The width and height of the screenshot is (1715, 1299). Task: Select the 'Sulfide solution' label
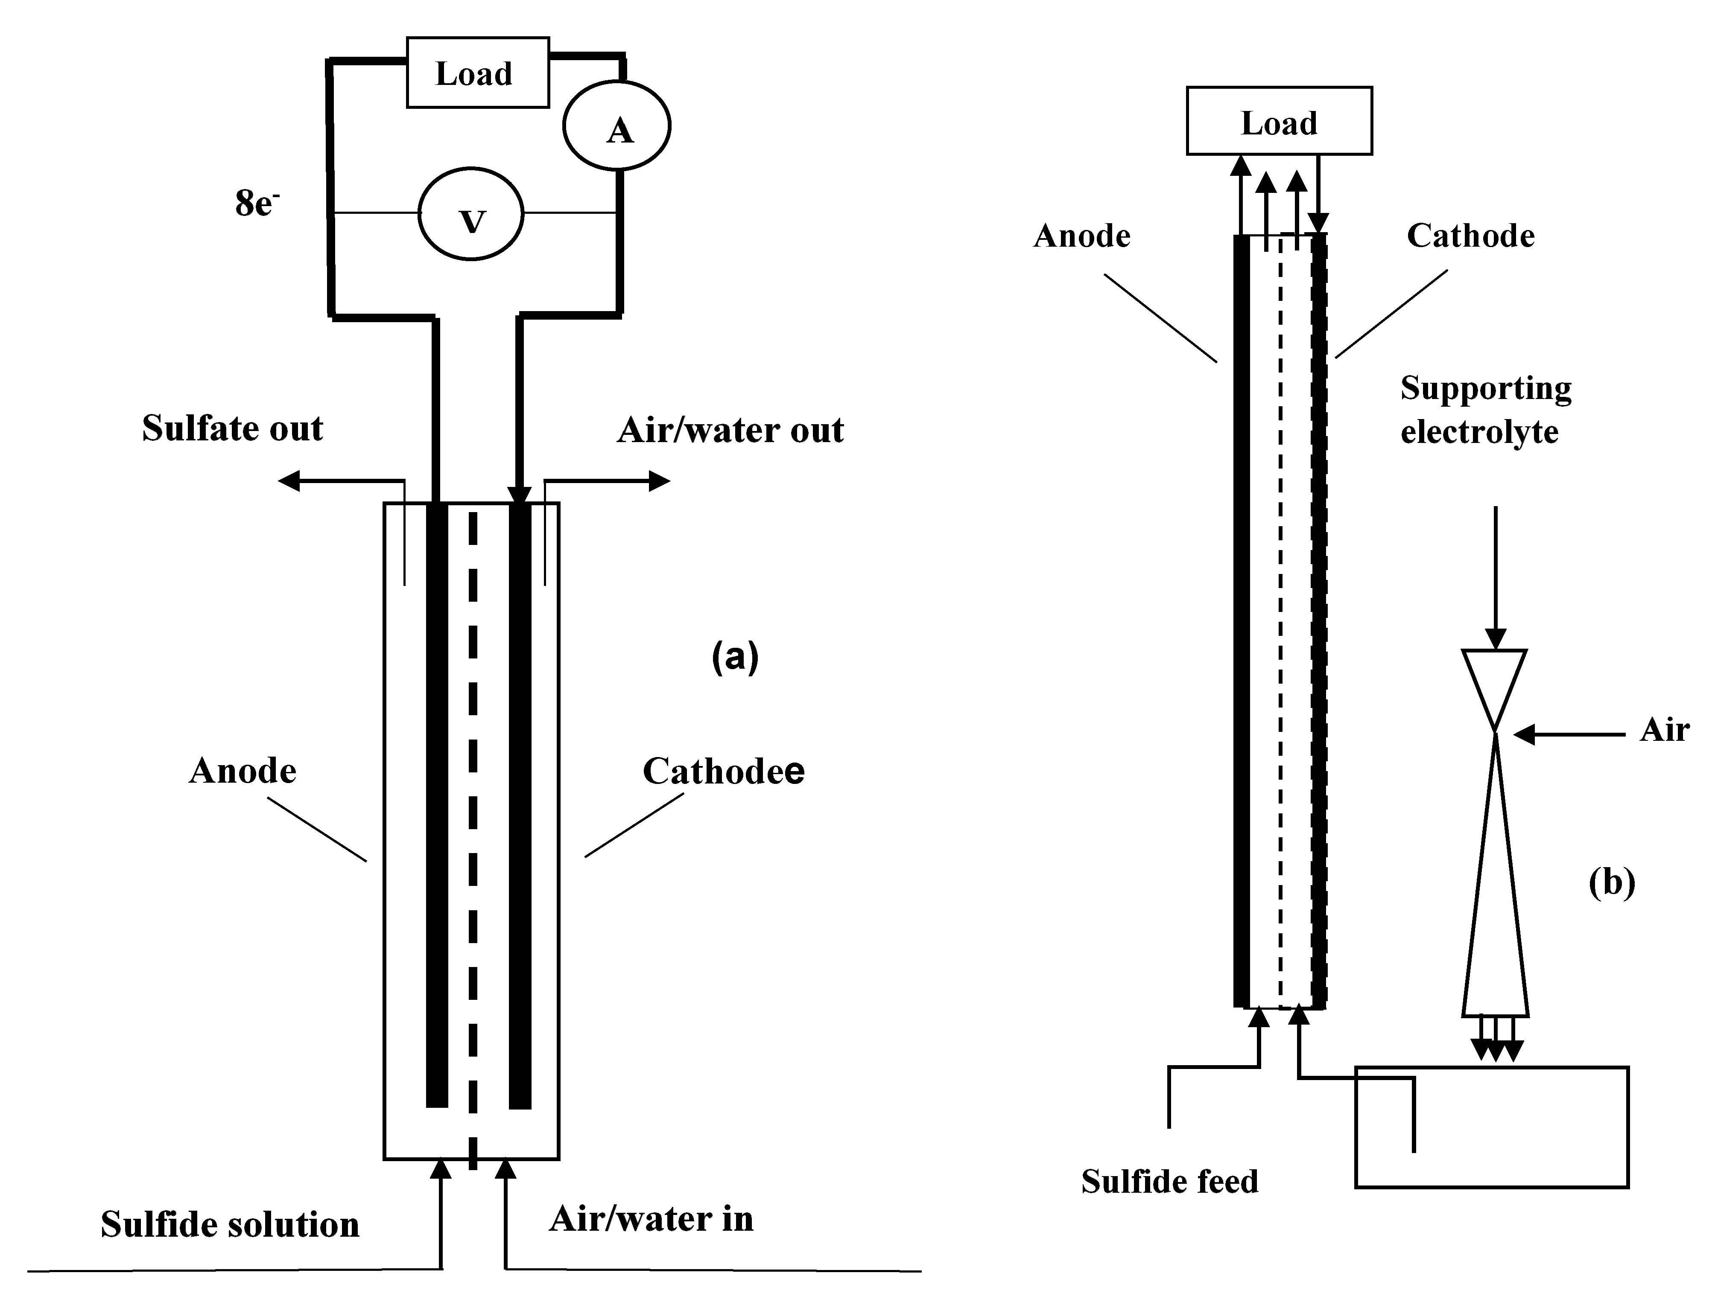pyautogui.click(x=230, y=1225)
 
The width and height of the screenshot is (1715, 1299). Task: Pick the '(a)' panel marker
pyautogui.click(x=734, y=657)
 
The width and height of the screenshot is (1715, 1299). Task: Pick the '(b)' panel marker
pyautogui.click(x=1612, y=882)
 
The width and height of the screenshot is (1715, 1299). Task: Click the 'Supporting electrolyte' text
pyautogui.click(x=1485, y=409)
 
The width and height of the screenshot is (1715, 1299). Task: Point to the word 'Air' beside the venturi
pyautogui.click(x=1664, y=730)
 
